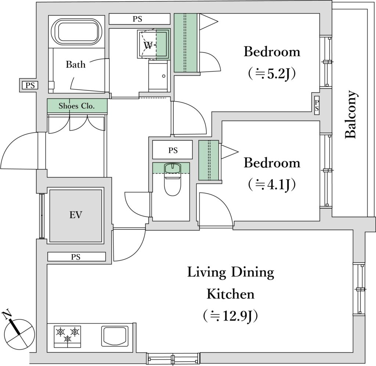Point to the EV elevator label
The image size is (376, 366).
(x=76, y=215)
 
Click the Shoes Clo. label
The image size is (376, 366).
(x=77, y=106)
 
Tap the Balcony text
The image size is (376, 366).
(x=351, y=115)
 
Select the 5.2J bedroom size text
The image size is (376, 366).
(x=272, y=74)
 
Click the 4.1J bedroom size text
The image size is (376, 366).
(x=272, y=184)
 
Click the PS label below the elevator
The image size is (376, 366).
(x=76, y=257)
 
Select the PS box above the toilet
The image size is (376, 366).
(x=173, y=150)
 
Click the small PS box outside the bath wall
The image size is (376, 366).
(x=30, y=85)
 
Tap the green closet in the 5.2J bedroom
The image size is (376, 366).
(x=186, y=43)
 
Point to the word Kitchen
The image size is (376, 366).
(x=230, y=294)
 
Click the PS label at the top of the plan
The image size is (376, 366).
(x=137, y=19)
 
